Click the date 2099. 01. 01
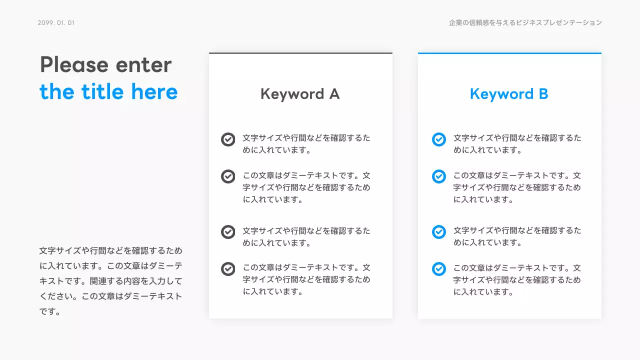[x=56, y=23]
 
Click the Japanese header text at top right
[x=525, y=23]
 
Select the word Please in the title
[x=74, y=65]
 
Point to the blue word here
[x=154, y=92]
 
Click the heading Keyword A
[x=300, y=94]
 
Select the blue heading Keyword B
[x=509, y=94]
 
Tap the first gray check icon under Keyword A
[x=228, y=139]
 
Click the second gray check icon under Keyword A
[x=228, y=176]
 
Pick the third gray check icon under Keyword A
[x=228, y=232]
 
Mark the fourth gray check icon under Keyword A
[x=228, y=269]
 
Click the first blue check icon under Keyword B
[x=438, y=139]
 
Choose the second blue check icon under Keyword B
[x=438, y=176]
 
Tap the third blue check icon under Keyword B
[x=438, y=232]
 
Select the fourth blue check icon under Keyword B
[x=438, y=269]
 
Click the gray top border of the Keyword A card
[x=300, y=53]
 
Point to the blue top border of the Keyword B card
[x=509, y=53]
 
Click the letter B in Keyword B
[x=543, y=94]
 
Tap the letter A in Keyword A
[x=333, y=94]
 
